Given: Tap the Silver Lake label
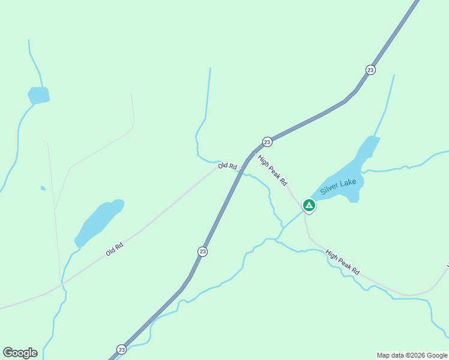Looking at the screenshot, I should tap(338, 186).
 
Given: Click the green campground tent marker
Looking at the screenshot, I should tap(309, 206).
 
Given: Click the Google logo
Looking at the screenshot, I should tap(20, 353).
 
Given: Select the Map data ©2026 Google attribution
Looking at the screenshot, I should tap(412, 355).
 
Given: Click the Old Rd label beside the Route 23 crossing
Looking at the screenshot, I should tap(228, 166).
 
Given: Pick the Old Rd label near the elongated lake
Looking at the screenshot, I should tap(115, 249).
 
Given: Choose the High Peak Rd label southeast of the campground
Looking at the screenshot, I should tap(342, 263).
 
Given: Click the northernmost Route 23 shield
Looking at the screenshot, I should tap(370, 70).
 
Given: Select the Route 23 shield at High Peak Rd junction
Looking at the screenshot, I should tap(267, 142).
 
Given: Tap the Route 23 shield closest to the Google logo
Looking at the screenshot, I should tap(122, 349).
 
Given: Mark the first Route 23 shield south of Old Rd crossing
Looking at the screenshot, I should tap(203, 251).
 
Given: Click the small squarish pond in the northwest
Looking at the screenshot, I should tap(38, 95).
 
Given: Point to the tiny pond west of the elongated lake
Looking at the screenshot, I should tap(43, 188).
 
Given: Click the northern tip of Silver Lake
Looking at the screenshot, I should tap(373, 139).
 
